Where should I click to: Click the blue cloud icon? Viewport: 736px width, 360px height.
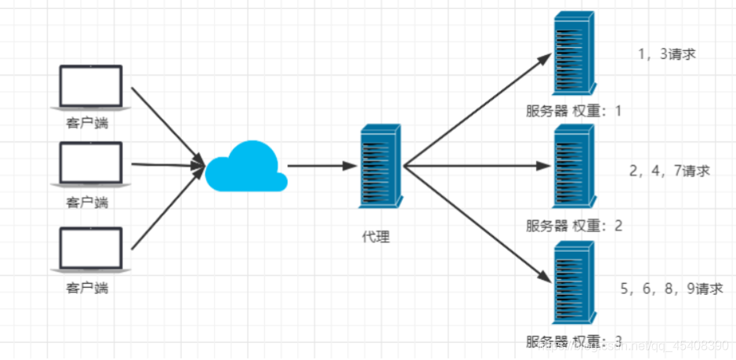(246, 166)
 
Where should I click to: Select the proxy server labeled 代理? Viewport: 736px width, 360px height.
(381, 165)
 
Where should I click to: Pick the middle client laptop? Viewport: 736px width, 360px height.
(91, 165)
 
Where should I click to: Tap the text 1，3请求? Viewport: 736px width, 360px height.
(667, 54)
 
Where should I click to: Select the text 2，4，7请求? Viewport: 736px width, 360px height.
(669, 170)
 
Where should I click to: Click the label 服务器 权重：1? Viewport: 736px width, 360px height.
(574, 111)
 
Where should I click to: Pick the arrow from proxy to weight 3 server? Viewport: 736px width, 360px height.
(474, 220)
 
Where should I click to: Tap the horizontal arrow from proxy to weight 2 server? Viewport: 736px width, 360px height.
(474, 165)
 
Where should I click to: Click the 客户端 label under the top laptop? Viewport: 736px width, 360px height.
(87, 122)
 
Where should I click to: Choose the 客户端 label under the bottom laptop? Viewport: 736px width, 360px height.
(87, 288)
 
